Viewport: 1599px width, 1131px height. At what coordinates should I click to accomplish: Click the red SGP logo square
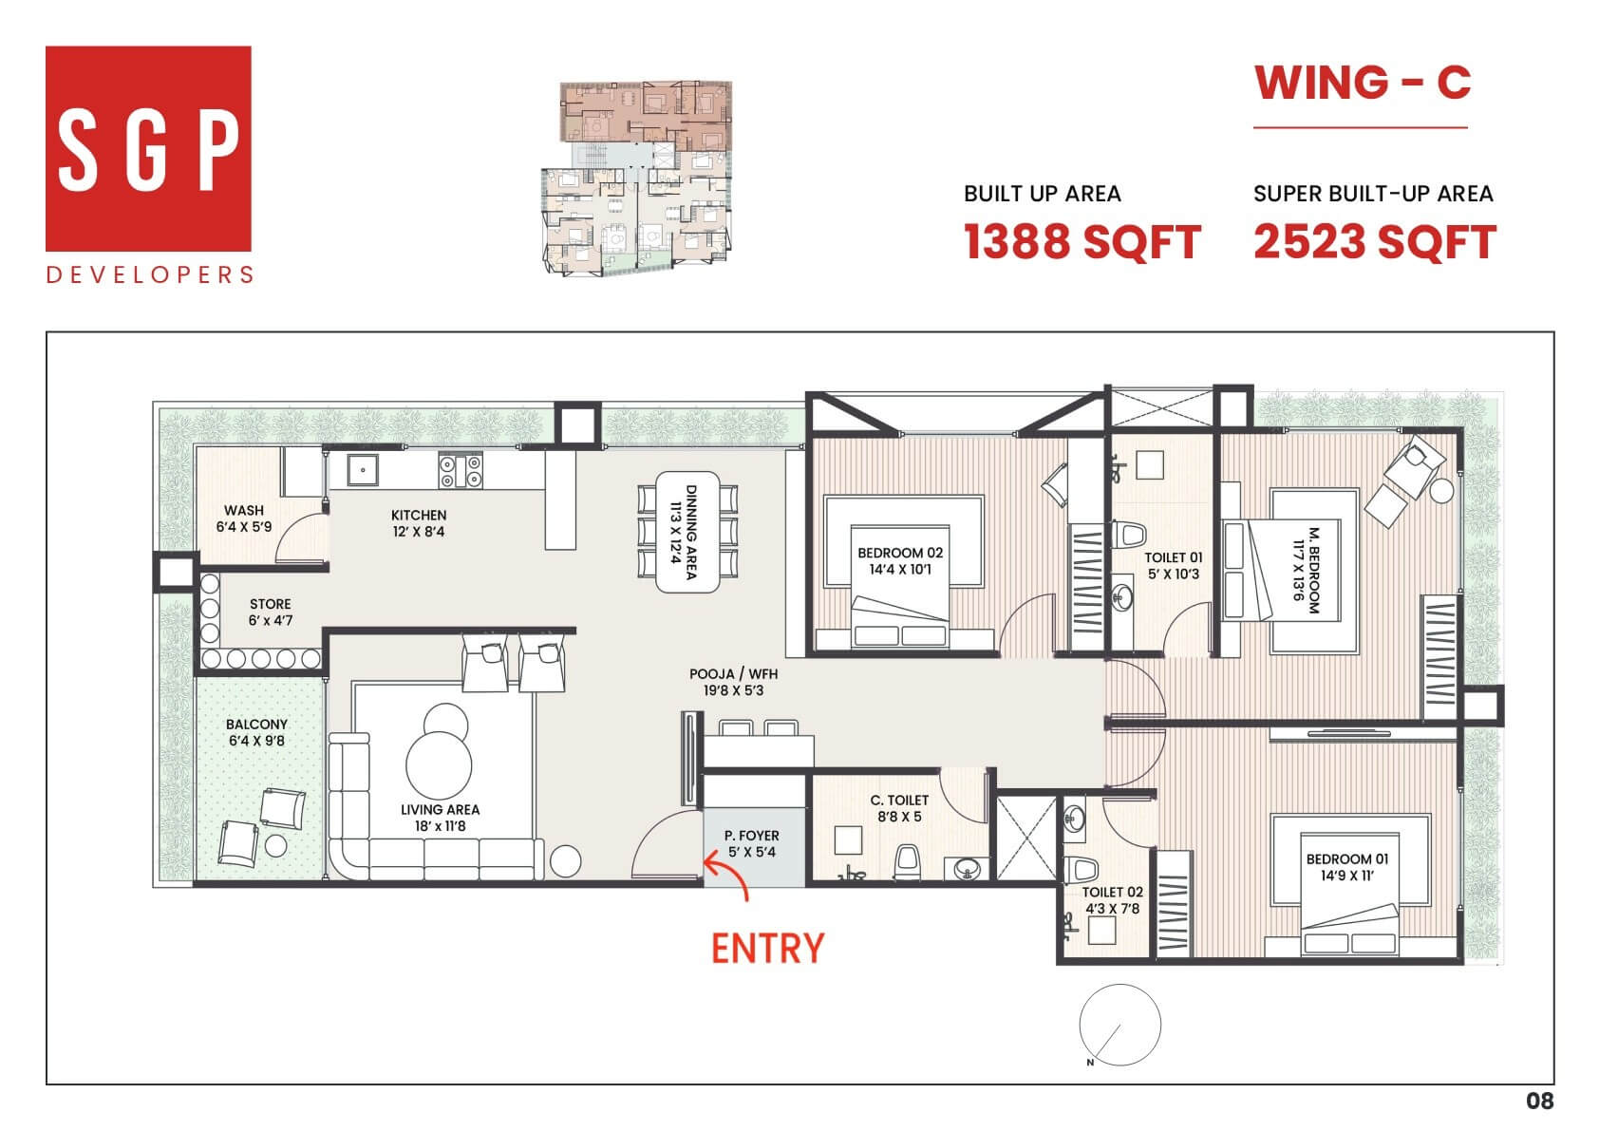click(x=148, y=148)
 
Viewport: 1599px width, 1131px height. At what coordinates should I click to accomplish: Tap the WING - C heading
click(x=1362, y=83)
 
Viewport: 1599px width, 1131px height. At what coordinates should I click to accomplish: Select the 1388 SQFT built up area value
click(x=1082, y=242)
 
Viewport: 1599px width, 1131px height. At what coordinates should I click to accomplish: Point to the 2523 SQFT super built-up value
click(x=1374, y=242)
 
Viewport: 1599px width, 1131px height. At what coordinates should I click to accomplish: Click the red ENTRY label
click(x=767, y=949)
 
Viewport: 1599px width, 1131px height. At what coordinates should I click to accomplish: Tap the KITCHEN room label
click(x=419, y=523)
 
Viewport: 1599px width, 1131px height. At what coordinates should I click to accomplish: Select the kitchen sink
click(x=363, y=470)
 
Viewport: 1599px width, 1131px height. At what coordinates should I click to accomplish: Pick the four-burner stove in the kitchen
click(x=461, y=471)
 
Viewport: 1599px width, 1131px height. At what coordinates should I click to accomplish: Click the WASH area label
click(x=244, y=518)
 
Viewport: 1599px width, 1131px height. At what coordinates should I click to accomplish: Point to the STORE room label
click(x=270, y=612)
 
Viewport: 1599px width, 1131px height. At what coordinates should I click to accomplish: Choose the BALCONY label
click(x=257, y=732)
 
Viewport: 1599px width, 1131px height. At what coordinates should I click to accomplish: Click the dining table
click(x=687, y=532)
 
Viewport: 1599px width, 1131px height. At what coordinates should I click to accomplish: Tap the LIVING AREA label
click(x=440, y=818)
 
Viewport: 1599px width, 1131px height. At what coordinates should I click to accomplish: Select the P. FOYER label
click(x=752, y=843)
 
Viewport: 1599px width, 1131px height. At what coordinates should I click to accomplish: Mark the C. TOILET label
click(x=899, y=808)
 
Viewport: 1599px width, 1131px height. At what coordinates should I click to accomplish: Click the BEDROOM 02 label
click(x=900, y=560)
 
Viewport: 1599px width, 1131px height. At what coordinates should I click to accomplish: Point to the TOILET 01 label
click(x=1174, y=566)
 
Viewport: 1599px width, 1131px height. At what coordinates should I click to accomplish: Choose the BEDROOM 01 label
click(x=1347, y=867)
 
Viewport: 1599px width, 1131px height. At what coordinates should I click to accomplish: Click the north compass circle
click(x=1120, y=985)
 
